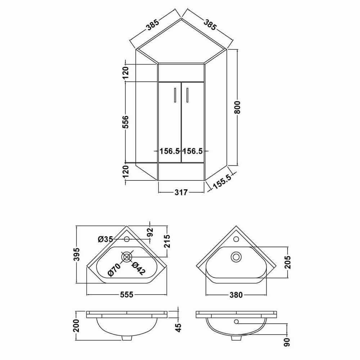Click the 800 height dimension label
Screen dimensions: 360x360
(x=237, y=107)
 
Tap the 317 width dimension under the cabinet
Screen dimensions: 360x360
(x=181, y=192)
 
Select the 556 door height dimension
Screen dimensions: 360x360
(x=126, y=122)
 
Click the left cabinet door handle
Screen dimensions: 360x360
(x=175, y=95)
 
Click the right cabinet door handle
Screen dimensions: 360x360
(x=187, y=95)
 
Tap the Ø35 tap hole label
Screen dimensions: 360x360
(x=105, y=239)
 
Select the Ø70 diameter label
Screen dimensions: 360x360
(x=114, y=270)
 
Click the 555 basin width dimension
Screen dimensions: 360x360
(x=126, y=294)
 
